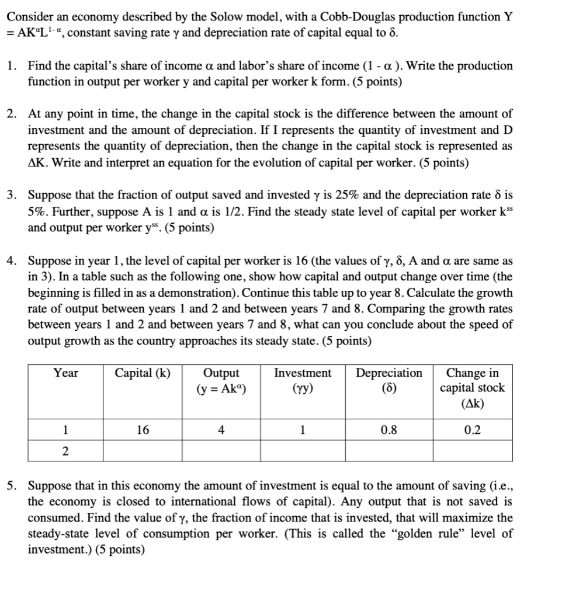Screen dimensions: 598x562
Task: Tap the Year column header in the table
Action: [x=65, y=373]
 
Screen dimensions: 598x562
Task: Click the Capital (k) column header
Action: [x=143, y=373]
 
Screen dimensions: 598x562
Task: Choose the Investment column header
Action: [x=302, y=373]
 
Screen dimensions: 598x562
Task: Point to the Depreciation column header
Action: [x=389, y=373]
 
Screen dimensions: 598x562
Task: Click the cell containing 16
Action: [x=143, y=430]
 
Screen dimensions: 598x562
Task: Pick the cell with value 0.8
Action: [x=389, y=430]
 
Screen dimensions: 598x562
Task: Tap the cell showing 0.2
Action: [x=473, y=430]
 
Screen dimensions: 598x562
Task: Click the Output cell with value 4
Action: [x=221, y=430]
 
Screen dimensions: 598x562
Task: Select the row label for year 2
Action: [x=65, y=450]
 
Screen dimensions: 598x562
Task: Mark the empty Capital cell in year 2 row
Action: [x=143, y=450]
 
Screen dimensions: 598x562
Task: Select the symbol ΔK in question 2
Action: [x=37, y=162]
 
